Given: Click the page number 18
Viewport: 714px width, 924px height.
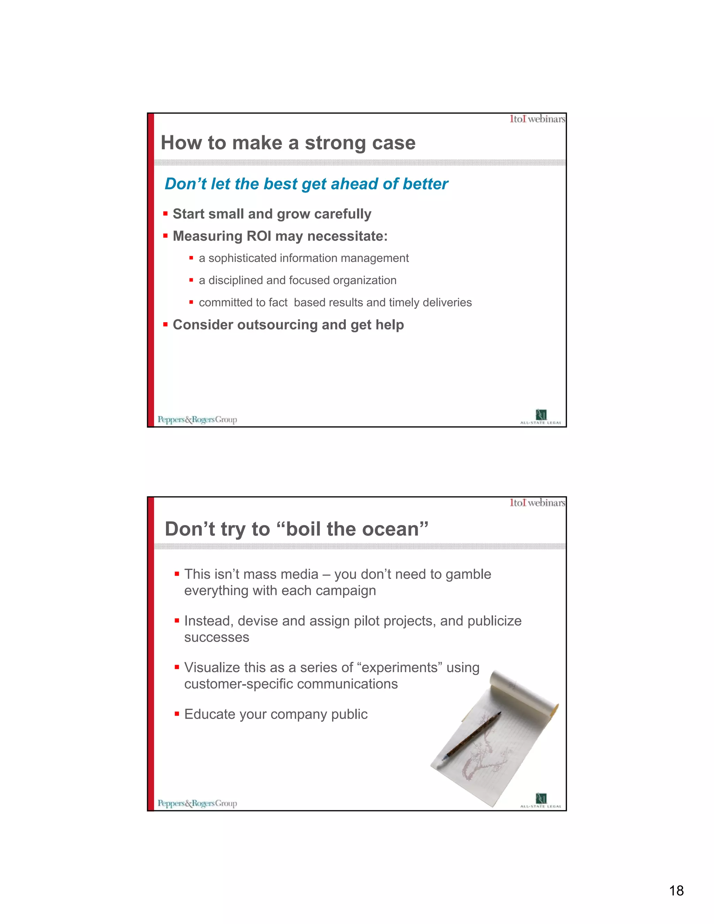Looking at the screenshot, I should pos(676,890).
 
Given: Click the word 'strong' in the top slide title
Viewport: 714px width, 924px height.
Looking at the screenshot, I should pos(335,143).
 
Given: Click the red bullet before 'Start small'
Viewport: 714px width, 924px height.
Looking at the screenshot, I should pos(165,214).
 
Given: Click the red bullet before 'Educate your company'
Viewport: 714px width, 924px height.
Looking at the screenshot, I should pos(177,714).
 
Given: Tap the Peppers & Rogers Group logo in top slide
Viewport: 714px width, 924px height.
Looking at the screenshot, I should pos(197,420).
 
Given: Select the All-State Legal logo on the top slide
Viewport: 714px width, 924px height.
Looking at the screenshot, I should pos(541,417).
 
